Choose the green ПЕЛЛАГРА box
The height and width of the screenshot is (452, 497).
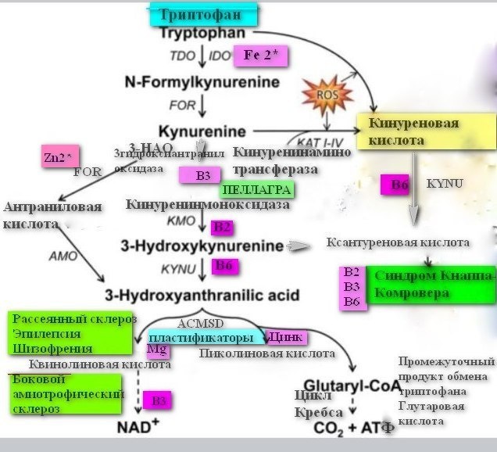coord(256,190)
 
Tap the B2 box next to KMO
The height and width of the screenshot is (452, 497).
coord(223,228)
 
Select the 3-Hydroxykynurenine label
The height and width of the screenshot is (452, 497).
coord(202,246)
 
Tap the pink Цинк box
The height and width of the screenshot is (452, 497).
coord(285,337)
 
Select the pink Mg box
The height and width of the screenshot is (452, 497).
coord(159,350)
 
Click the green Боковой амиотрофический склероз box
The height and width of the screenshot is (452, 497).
coord(67,393)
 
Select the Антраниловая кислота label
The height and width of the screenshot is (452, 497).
coord(53,215)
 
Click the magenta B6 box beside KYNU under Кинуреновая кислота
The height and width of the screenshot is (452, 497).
coord(400,185)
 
